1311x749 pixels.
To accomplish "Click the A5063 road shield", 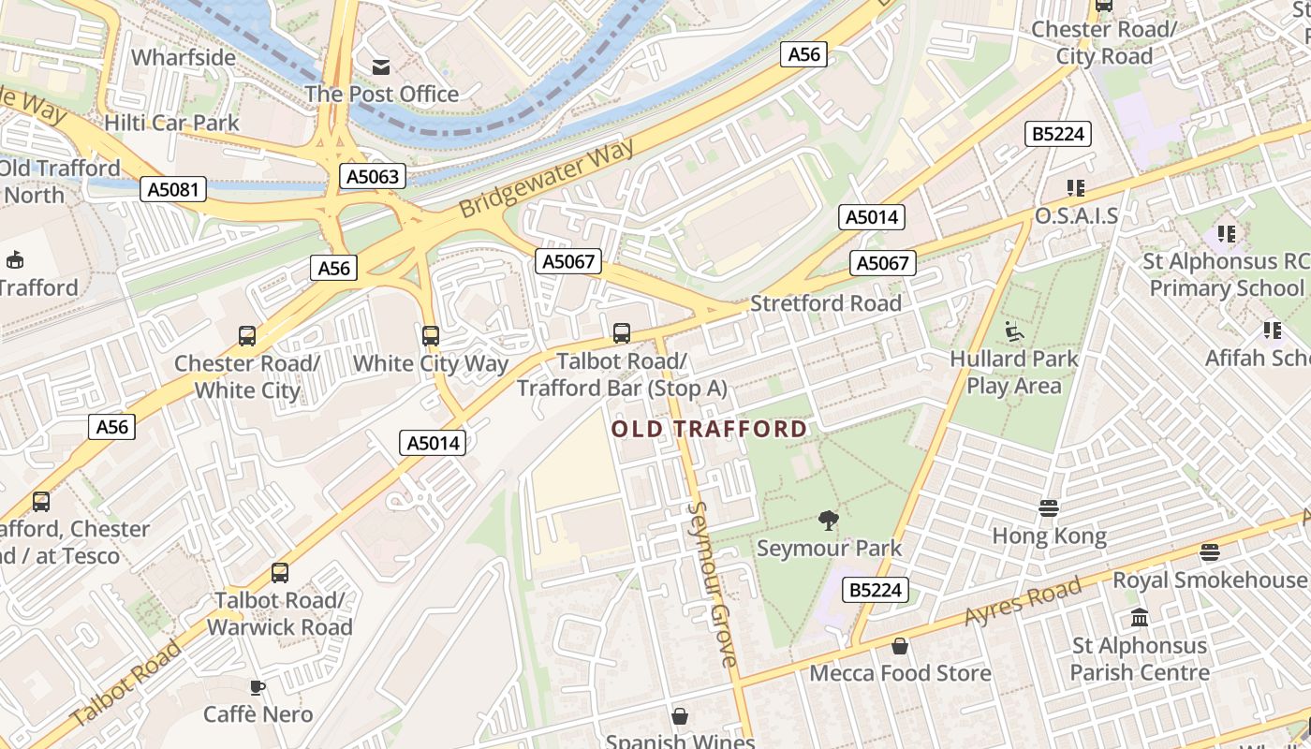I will (x=373, y=176).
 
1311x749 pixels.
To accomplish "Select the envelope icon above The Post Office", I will (x=381, y=66).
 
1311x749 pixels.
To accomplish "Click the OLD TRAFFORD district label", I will (x=709, y=429).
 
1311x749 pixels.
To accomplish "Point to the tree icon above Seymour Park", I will (x=828, y=520).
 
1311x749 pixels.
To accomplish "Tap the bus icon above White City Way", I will (x=431, y=335).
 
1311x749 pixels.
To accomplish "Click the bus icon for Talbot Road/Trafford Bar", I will (x=622, y=332).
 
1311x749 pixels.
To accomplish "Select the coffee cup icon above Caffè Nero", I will (x=258, y=687).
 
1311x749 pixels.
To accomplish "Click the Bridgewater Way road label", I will (x=547, y=178).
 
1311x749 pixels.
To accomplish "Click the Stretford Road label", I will (x=826, y=303).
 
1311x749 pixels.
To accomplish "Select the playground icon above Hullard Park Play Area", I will (x=1014, y=330).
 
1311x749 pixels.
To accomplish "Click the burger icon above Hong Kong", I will (x=1049, y=508).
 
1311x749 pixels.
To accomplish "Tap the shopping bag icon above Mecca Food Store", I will (x=900, y=646).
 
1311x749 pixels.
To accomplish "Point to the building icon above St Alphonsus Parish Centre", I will (x=1140, y=618).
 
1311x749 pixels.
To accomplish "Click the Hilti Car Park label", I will (x=172, y=123).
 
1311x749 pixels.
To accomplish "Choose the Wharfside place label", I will (x=184, y=57).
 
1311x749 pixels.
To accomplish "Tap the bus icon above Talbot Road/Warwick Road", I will (x=279, y=572).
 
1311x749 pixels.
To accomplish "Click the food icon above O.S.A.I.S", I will (x=1075, y=188).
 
